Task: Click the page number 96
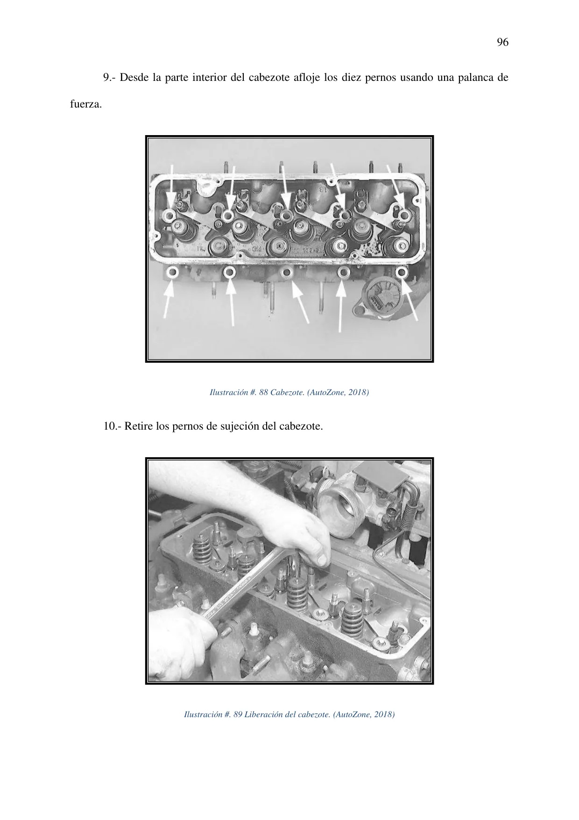click(502, 43)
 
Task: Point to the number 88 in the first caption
click(263, 392)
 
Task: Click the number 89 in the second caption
click(237, 714)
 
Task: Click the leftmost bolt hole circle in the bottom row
click(173, 273)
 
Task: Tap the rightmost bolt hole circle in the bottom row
click(401, 272)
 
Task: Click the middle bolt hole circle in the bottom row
click(287, 272)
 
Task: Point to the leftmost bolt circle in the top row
click(169, 215)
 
